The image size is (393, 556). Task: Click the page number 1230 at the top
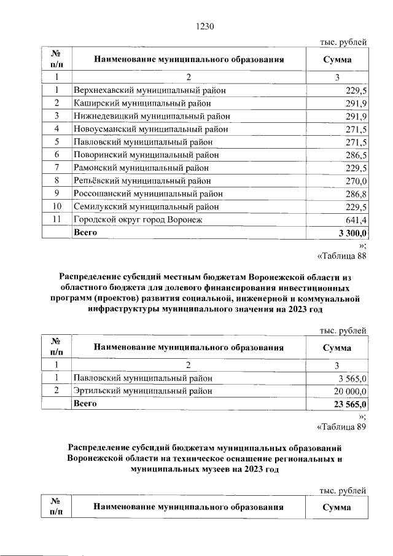coord(204,26)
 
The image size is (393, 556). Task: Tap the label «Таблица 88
coord(341,257)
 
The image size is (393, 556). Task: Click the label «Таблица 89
coord(341,428)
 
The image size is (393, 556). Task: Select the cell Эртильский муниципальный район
coord(142,391)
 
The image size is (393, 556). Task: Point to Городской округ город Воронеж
coord(138,220)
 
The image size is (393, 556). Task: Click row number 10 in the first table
coord(56,207)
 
